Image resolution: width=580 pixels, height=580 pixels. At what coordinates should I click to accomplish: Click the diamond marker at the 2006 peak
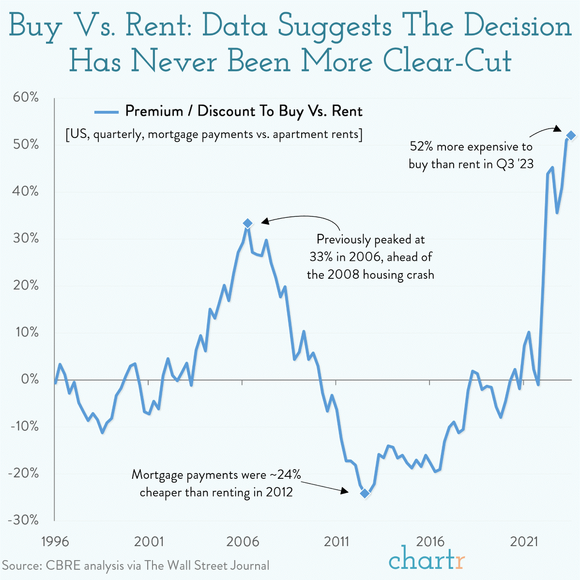click(248, 223)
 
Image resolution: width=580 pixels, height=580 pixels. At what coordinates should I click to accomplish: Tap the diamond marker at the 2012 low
click(365, 493)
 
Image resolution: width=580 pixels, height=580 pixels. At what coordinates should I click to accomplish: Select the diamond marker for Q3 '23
click(571, 136)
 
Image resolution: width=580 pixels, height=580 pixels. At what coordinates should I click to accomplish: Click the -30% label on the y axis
click(23, 520)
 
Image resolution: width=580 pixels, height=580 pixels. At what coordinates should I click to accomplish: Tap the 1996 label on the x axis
click(54, 541)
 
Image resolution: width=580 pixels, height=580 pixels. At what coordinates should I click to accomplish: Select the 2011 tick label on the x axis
click(336, 541)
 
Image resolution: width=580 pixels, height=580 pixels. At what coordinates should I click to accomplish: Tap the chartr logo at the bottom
click(427, 560)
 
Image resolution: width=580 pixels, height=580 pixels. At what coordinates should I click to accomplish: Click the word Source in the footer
click(21, 565)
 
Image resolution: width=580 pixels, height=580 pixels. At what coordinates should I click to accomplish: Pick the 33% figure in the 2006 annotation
click(321, 257)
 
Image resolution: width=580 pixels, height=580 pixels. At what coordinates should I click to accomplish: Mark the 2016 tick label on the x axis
click(431, 541)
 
